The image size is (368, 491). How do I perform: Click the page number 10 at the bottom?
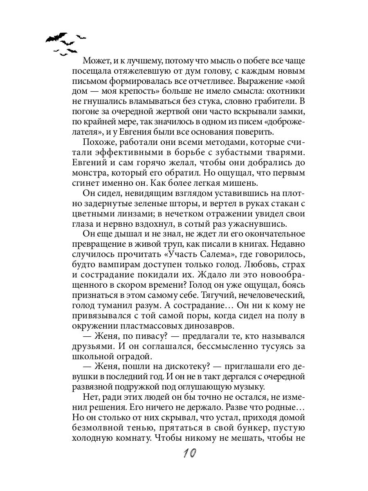click(184, 454)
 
